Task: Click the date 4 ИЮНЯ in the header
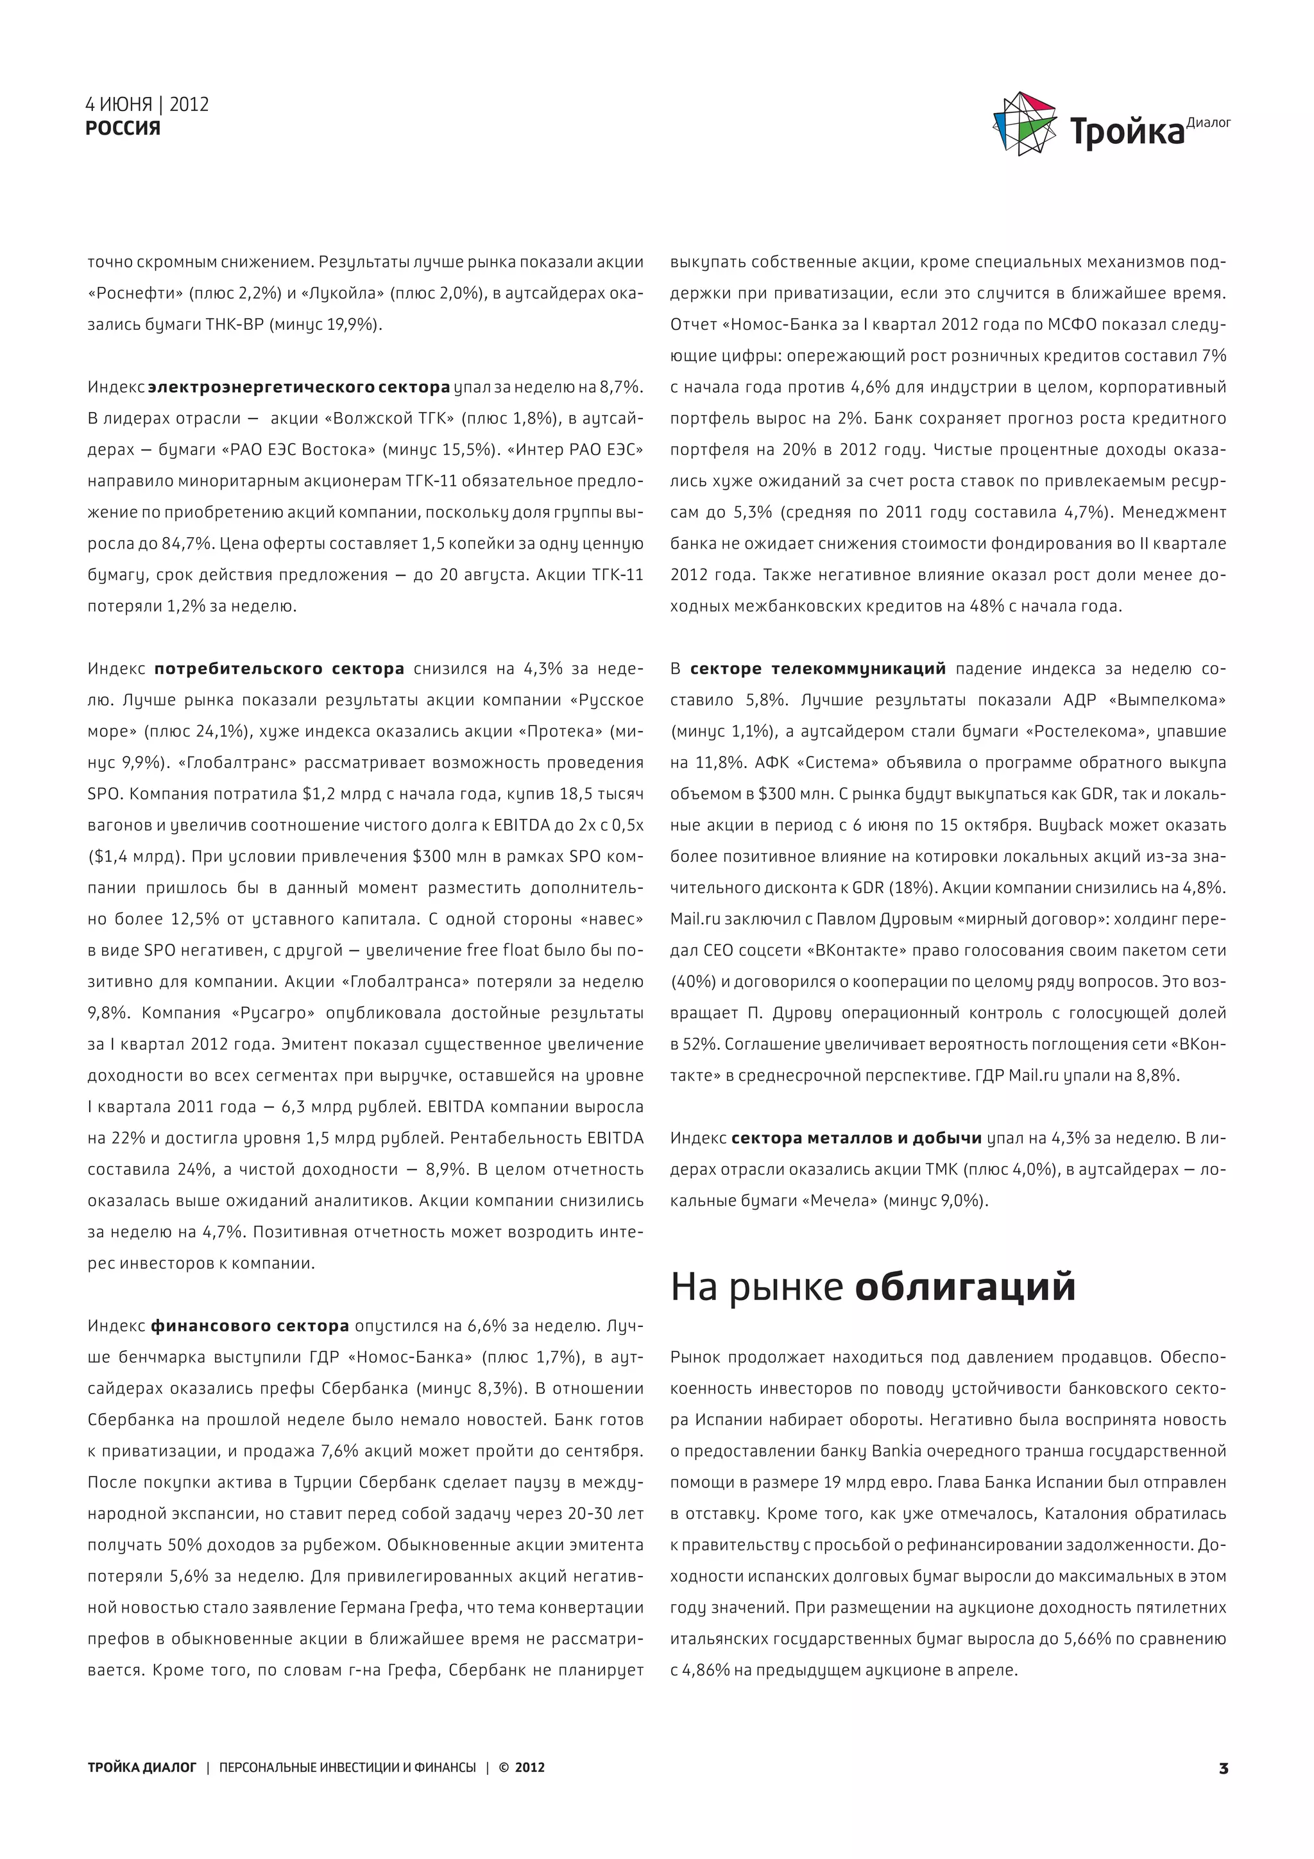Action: coord(118,105)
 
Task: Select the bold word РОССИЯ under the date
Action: coord(123,128)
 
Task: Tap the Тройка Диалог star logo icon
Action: coord(1024,124)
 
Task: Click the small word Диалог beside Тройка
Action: coord(1208,123)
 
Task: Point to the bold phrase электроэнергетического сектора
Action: coord(299,387)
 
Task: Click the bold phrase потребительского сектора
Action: coord(279,669)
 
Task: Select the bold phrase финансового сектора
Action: coord(250,1326)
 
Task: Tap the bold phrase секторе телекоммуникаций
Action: coord(817,669)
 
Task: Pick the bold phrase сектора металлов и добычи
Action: coord(856,1138)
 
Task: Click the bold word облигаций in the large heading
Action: coord(965,1287)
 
